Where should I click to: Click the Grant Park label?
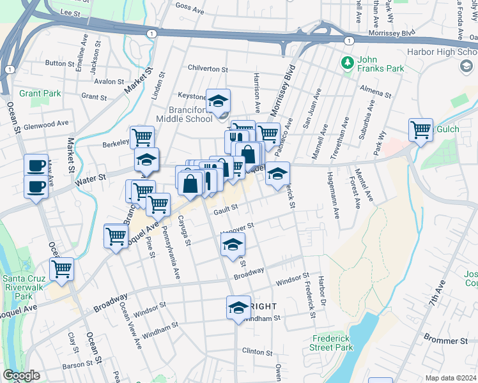40,93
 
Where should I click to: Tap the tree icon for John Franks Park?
347,63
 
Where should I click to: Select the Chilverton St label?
207,68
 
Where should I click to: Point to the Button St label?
60,63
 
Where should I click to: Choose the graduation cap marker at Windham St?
238,308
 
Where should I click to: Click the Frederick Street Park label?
333,343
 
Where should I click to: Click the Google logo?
21,375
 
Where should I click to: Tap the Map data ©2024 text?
451,378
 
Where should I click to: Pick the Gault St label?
226,207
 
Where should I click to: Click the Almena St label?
374,90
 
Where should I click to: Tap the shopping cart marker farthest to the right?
421,130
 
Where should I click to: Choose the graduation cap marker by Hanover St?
233,244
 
